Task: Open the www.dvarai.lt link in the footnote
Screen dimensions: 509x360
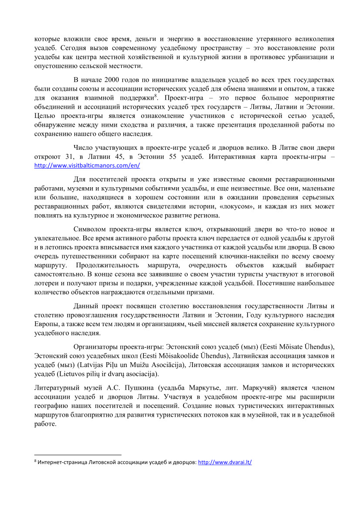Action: [225, 462]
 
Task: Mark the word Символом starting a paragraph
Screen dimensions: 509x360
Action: [90, 229]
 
